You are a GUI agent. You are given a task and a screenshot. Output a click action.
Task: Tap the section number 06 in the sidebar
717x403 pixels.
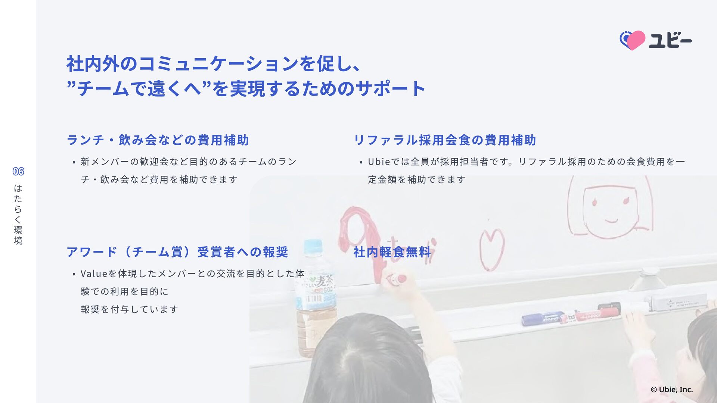(x=18, y=172)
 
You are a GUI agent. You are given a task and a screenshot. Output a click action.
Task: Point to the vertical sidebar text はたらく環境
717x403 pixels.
(x=18, y=214)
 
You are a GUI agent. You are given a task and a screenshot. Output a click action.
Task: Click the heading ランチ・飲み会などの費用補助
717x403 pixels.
(x=158, y=140)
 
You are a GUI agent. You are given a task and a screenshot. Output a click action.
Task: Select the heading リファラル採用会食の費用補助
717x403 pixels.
(x=445, y=140)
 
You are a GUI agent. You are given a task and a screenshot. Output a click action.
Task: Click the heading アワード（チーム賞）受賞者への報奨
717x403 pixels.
(x=177, y=252)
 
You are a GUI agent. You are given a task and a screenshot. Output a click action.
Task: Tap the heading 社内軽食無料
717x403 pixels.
(x=392, y=252)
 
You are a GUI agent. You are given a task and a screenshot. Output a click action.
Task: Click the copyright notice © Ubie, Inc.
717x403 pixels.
(x=672, y=390)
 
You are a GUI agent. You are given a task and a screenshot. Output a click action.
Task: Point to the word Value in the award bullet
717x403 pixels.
(x=94, y=274)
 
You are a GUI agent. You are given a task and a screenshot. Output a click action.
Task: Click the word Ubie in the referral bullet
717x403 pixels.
(x=379, y=162)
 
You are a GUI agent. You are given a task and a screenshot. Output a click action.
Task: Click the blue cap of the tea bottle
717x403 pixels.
(x=313, y=247)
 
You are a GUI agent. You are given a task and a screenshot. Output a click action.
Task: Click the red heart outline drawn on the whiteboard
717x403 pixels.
(x=492, y=249)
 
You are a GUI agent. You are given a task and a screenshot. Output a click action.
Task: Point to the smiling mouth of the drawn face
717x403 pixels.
(x=611, y=220)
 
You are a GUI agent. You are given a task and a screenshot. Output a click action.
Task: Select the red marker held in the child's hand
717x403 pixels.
(x=396, y=279)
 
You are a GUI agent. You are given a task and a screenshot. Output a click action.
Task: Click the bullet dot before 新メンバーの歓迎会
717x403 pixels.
(x=74, y=162)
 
